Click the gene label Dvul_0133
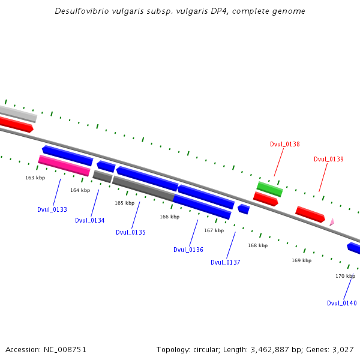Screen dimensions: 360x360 (52, 209)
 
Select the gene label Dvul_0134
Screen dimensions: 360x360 (90, 220)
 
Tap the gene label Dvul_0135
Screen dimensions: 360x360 (131, 232)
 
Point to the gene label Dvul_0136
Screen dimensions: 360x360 (188, 250)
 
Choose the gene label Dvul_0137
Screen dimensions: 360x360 (226, 262)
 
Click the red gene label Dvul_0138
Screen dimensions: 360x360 (285, 144)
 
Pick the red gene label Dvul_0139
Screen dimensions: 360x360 (329, 159)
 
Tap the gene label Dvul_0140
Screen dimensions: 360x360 (342, 303)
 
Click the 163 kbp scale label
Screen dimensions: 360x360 (35, 178)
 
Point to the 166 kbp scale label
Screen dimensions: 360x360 (169, 217)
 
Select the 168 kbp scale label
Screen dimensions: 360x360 (258, 245)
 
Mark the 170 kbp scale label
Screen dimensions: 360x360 (345, 276)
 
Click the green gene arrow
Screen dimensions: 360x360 (269, 189)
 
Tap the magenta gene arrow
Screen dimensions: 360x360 (64, 165)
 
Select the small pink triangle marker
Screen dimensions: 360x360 (331, 222)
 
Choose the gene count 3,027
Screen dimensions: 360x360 (342, 349)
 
